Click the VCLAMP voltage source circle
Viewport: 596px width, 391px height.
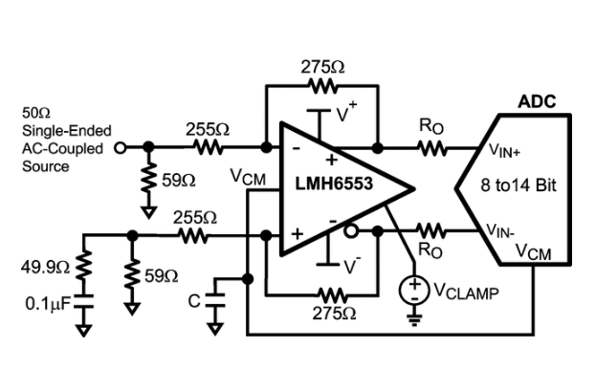pyautogui.click(x=413, y=289)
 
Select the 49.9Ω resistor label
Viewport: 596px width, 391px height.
pyautogui.click(x=42, y=266)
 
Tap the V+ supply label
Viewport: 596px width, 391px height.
pyautogui.click(x=346, y=114)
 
